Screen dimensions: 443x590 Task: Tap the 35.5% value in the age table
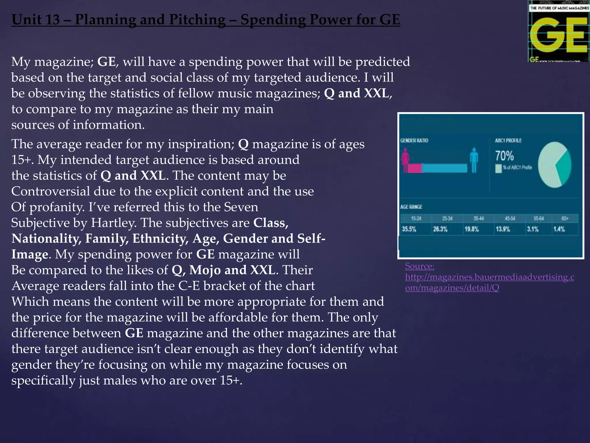pyautogui.click(x=409, y=229)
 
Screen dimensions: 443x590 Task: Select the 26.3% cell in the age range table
pyautogui.click(x=440, y=229)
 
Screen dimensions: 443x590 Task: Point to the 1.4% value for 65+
pyautogui.click(x=559, y=229)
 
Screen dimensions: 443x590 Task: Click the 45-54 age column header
pyautogui.click(x=510, y=218)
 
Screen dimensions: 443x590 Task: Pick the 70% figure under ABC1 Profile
pyautogui.click(x=504, y=156)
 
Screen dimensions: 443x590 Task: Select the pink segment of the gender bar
pyautogui.click(x=414, y=168)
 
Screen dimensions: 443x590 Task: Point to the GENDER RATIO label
pyautogui.click(x=414, y=140)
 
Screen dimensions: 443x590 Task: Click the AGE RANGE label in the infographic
pyautogui.click(x=411, y=207)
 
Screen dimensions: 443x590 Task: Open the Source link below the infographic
pyautogui.click(x=489, y=277)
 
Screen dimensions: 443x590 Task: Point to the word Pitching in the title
pyautogui.click(x=197, y=20)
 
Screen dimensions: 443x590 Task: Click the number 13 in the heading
pyautogui.click(x=52, y=20)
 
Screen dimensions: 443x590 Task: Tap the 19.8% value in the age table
pyautogui.click(x=472, y=229)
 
